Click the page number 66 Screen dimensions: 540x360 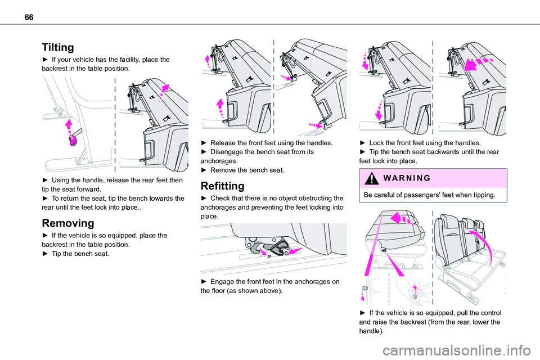(x=29, y=17)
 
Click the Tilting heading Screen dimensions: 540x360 (x=58, y=47)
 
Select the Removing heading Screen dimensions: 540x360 (x=68, y=223)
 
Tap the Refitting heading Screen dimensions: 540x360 (x=223, y=186)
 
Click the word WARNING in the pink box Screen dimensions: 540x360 (x=407, y=178)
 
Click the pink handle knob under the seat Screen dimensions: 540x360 (x=73, y=141)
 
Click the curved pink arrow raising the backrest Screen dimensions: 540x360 (x=482, y=245)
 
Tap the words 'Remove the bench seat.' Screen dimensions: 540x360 (x=247, y=170)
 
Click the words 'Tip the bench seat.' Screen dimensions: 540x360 (x=80, y=254)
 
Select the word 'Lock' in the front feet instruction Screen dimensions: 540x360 (x=376, y=143)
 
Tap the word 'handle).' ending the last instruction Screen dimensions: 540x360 (x=371, y=331)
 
